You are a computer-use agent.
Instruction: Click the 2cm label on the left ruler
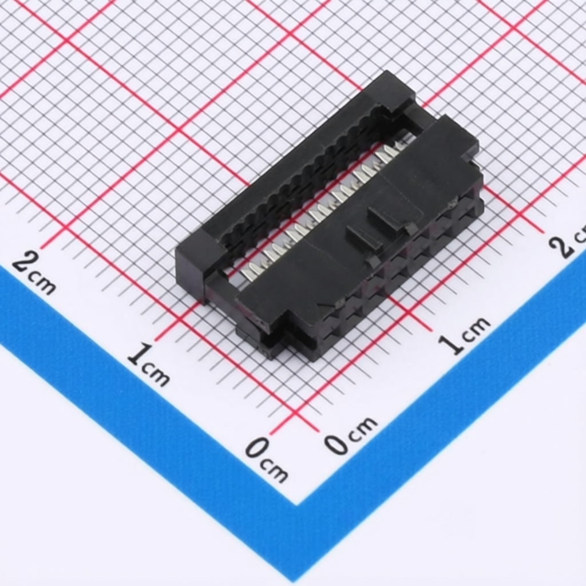click(34, 272)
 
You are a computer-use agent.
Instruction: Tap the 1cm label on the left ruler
click(148, 365)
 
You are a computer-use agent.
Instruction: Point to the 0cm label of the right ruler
click(350, 435)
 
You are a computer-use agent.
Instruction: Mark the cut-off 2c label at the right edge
click(568, 239)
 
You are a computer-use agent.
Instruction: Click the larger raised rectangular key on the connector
click(395, 218)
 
